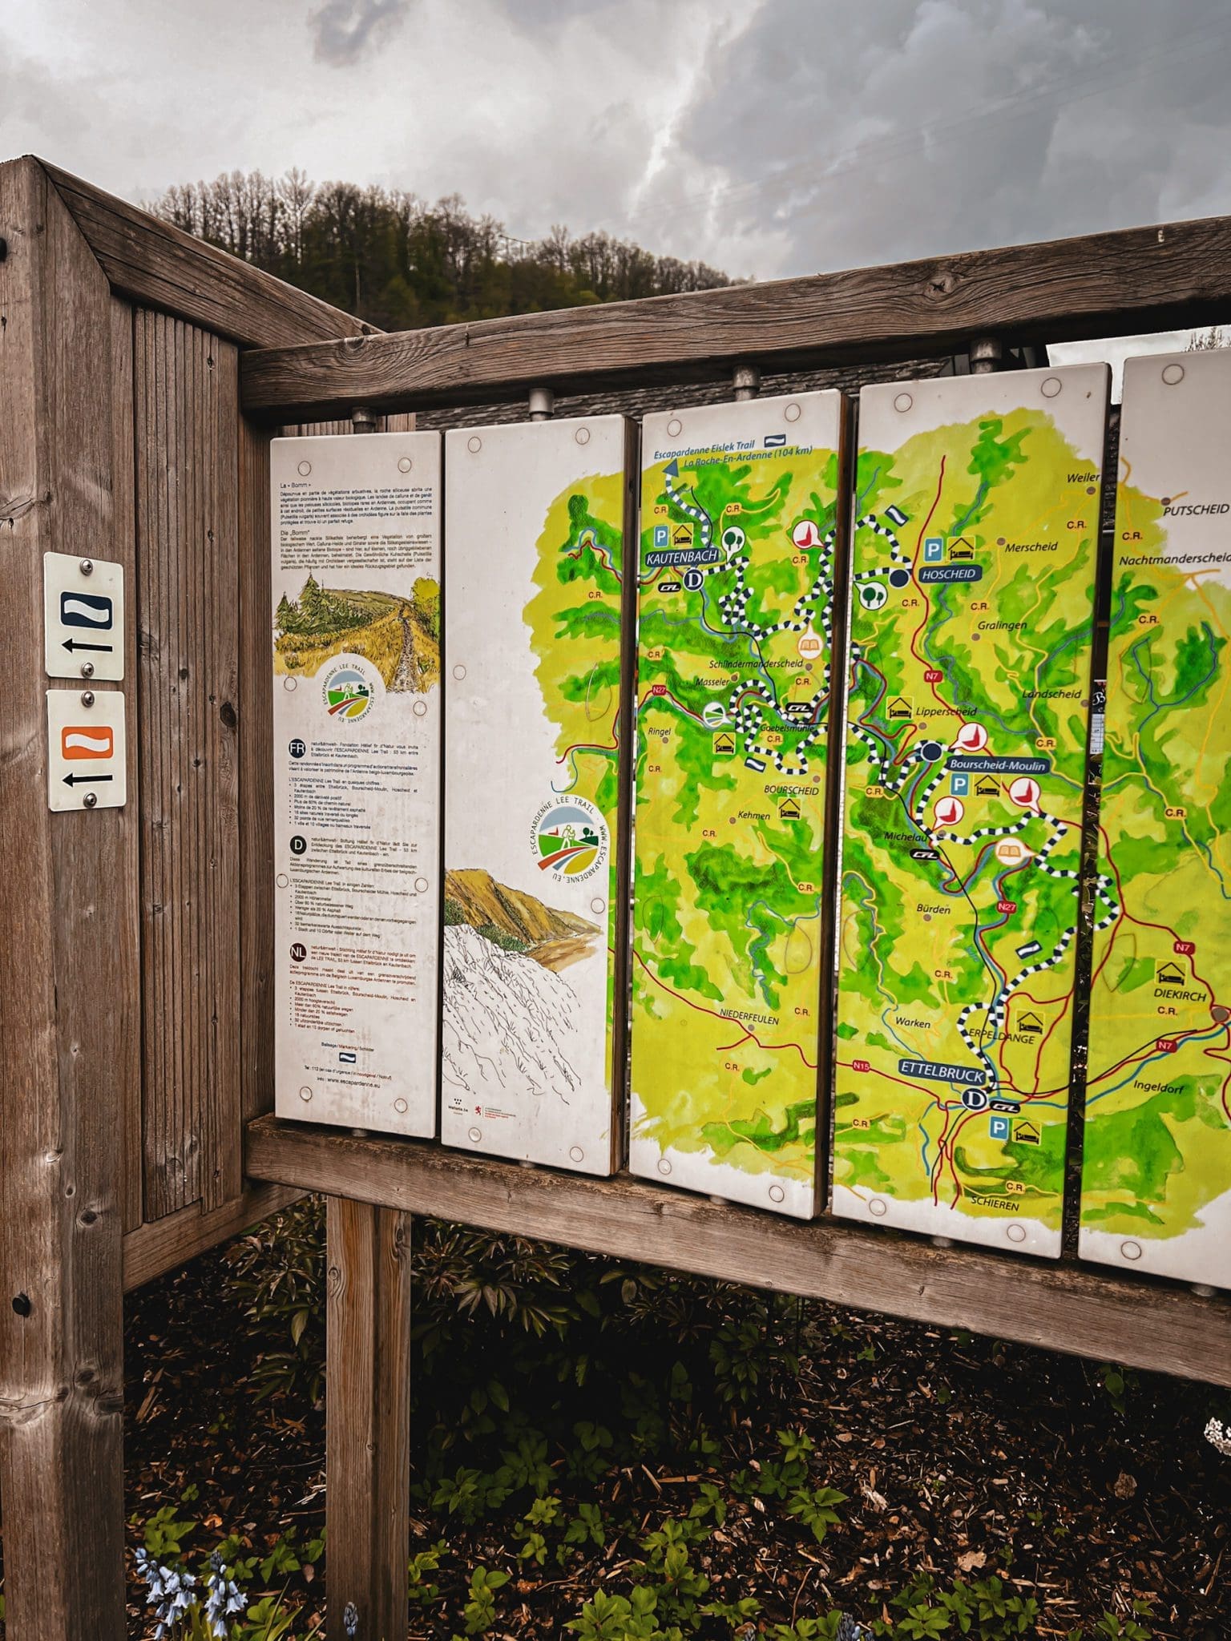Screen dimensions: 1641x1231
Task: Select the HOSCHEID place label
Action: (947, 574)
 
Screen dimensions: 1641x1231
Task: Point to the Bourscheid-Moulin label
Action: (997, 765)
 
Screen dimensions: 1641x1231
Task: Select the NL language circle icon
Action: (297, 952)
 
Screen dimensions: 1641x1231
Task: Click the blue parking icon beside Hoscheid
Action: (933, 549)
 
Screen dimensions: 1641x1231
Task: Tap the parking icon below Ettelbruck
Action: (999, 1129)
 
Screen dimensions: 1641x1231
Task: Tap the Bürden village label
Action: (933, 909)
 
